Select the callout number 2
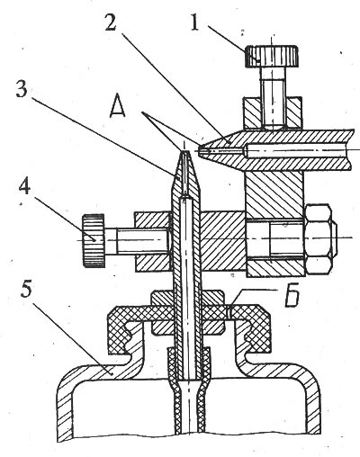point(111,20)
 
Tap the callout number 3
point(22,87)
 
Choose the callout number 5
point(26,287)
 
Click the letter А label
point(117,107)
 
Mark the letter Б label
point(292,297)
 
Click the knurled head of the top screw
point(272,56)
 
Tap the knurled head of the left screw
point(94,240)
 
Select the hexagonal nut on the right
point(319,238)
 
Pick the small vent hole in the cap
point(229,311)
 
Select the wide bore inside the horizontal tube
point(297,150)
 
